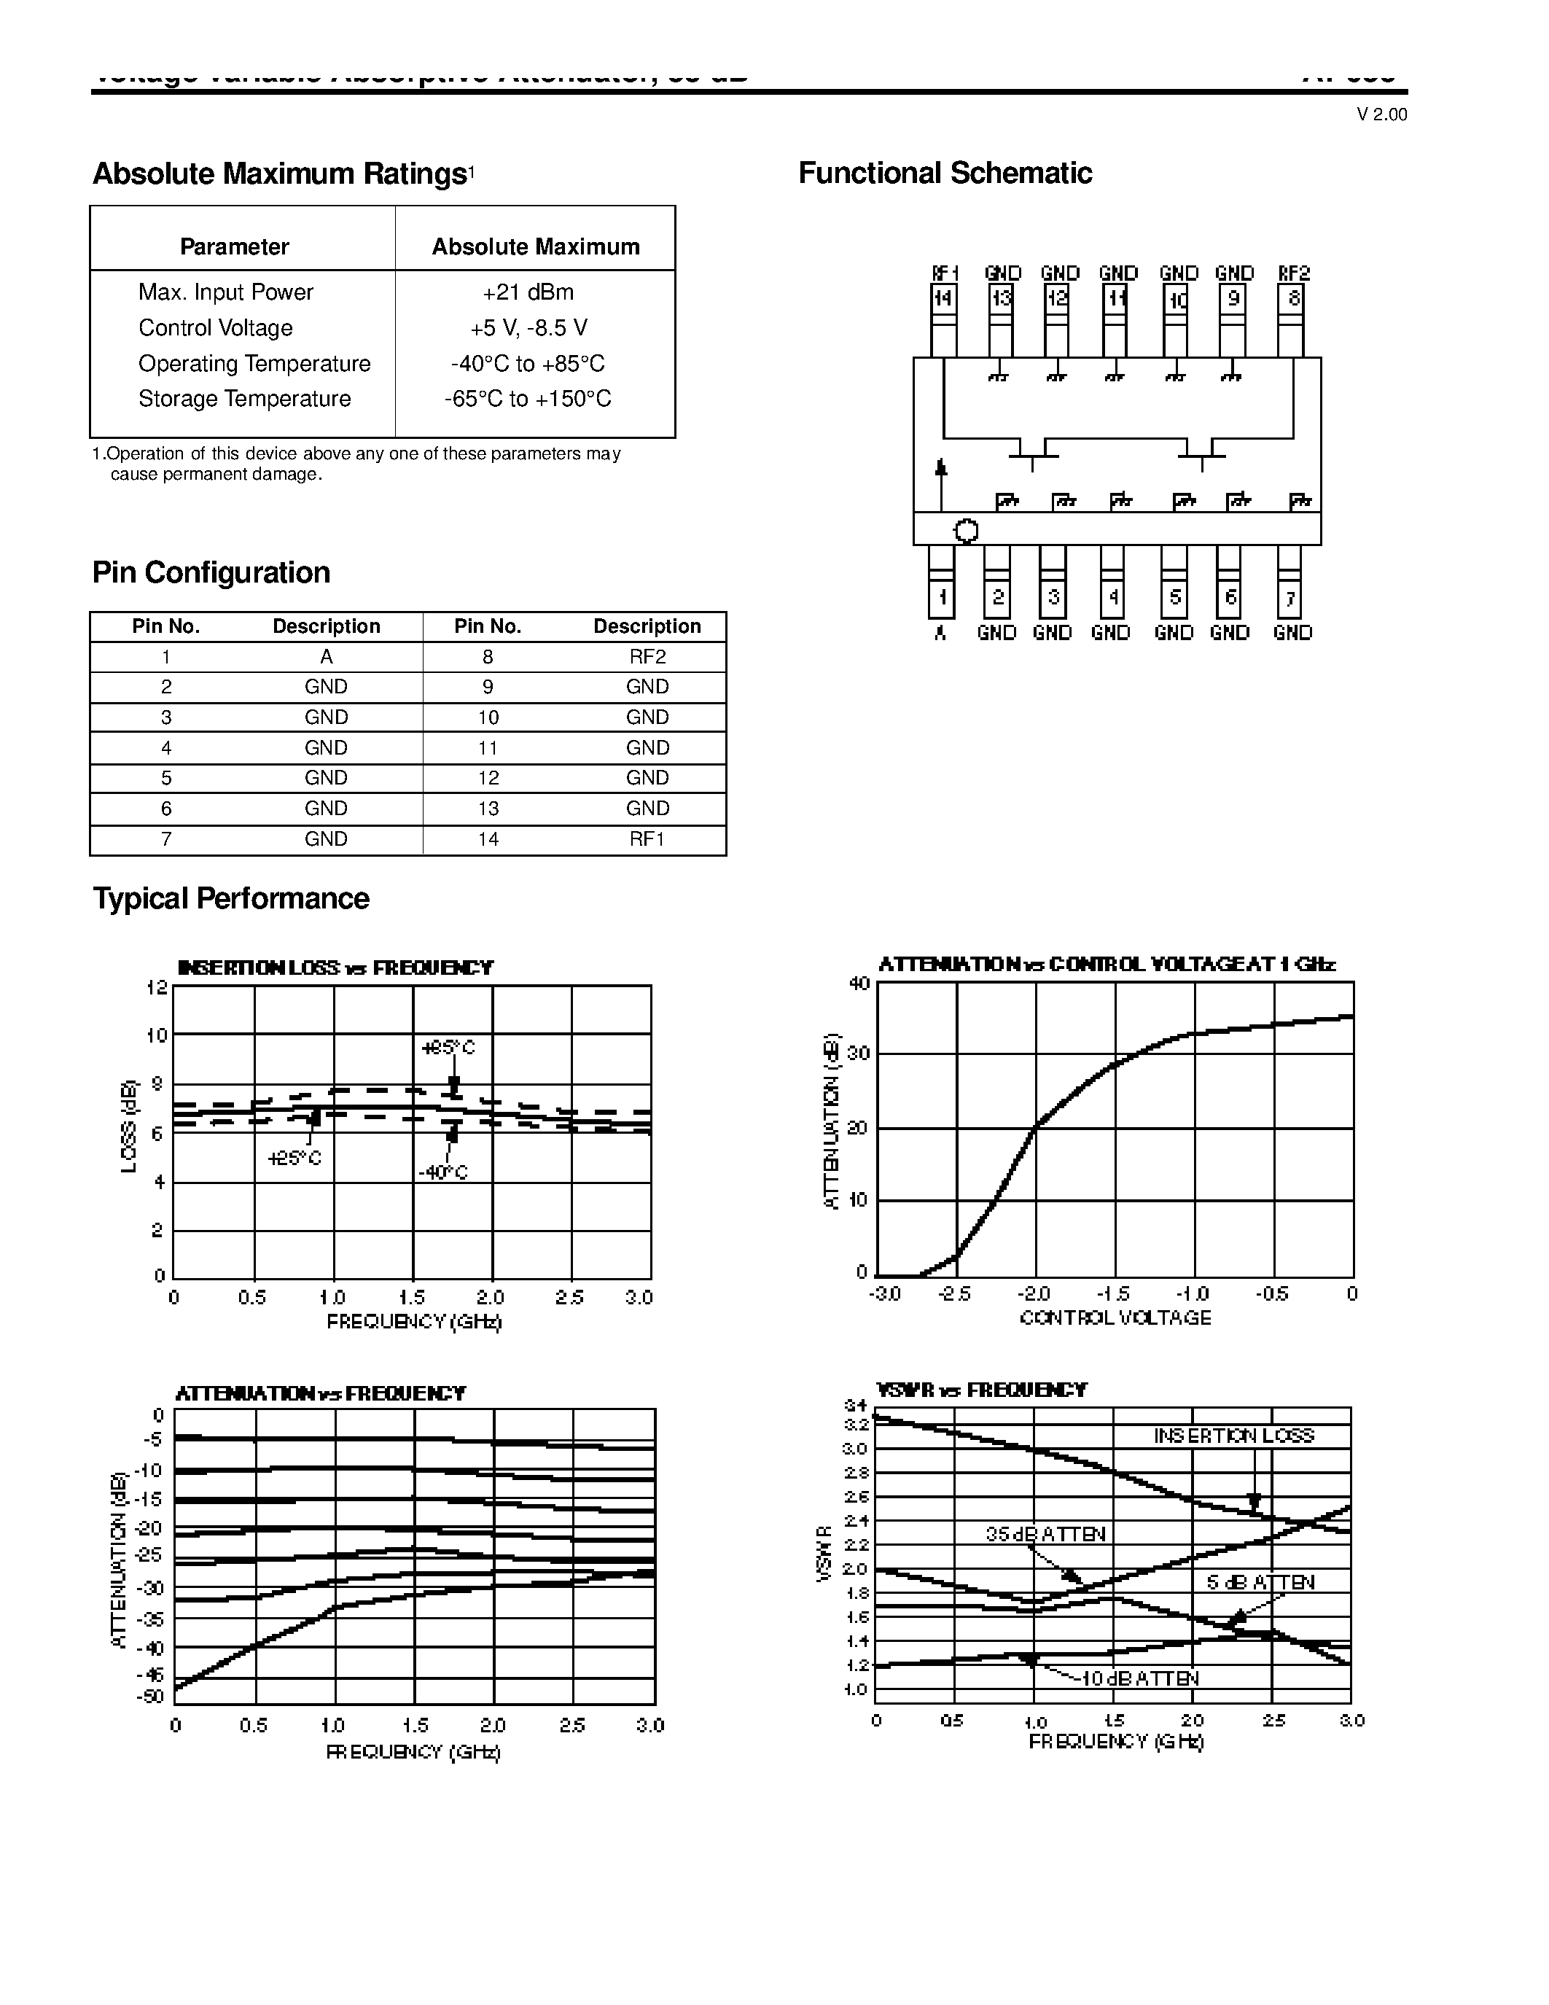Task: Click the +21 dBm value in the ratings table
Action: (x=528, y=292)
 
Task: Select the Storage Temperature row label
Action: (x=244, y=398)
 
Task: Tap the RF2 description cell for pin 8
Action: (x=647, y=656)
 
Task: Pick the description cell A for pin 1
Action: (x=326, y=656)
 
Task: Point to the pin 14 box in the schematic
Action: (x=943, y=299)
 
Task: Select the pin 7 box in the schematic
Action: (x=1289, y=599)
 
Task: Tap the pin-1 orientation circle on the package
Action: (x=967, y=531)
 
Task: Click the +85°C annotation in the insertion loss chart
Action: (x=448, y=1048)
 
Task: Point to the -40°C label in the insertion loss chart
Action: (x=443, y=1173)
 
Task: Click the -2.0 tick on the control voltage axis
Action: (x=1034, y=1293)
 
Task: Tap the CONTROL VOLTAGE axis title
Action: (x=1115, y=1317)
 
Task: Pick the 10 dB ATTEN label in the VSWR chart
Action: (x=1139, y=1678)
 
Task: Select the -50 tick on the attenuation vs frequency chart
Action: (x=149, y=1697)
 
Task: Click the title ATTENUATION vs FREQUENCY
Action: (x=320, y=1393)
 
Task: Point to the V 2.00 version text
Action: (x=1381, y=114)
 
